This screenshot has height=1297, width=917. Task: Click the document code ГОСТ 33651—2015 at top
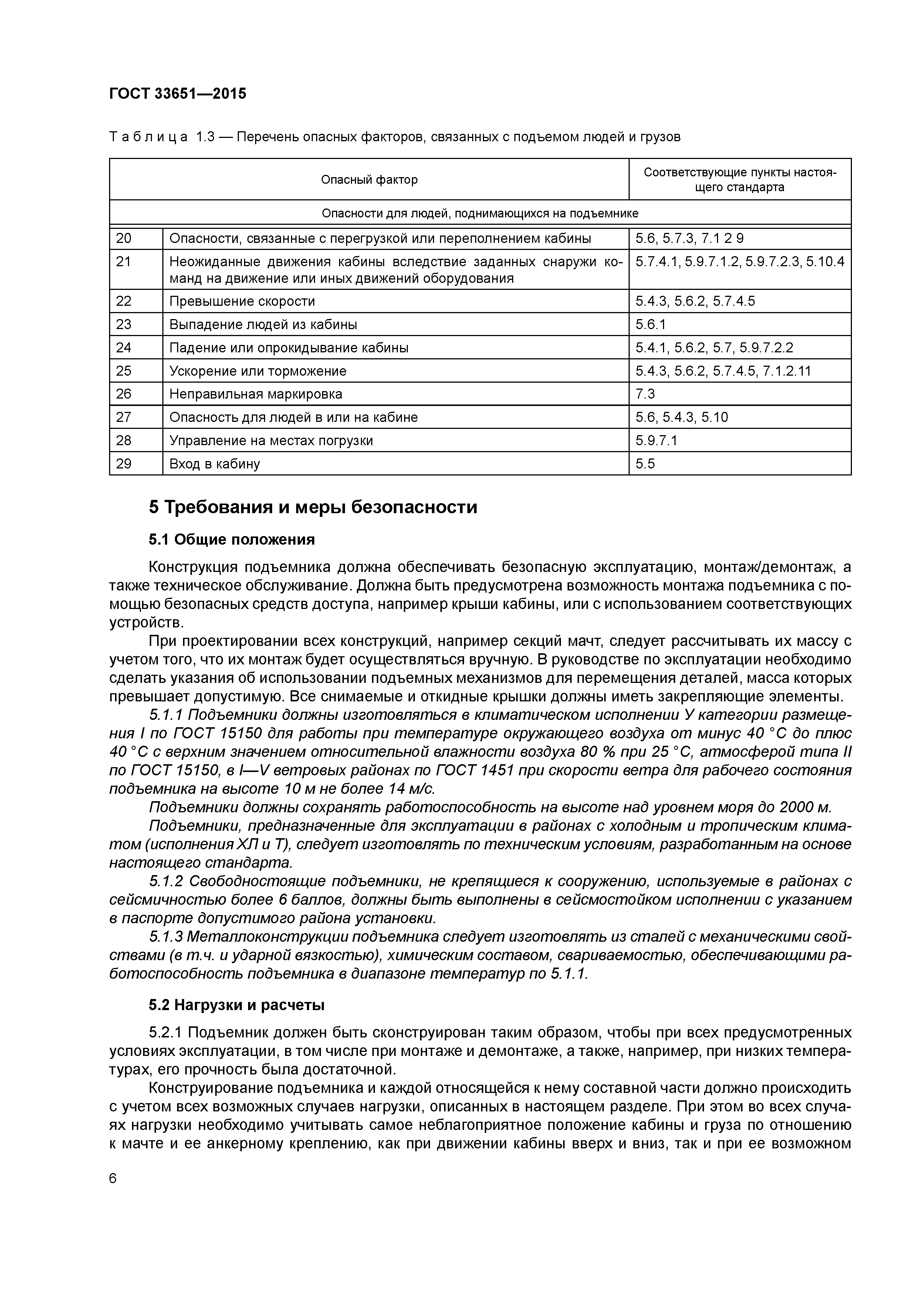point(177,94)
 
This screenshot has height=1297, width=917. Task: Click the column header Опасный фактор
point(369,180)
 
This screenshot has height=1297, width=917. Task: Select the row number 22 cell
point(124,301)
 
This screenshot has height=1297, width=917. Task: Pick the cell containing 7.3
point(644,394)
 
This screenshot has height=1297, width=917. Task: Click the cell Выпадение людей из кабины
point(263,324)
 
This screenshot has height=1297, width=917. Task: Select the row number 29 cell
point(124,464)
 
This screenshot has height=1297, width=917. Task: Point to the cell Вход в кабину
point(215,464)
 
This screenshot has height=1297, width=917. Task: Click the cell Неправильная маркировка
point(256,394)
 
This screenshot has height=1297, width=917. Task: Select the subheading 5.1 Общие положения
point(231,539)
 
